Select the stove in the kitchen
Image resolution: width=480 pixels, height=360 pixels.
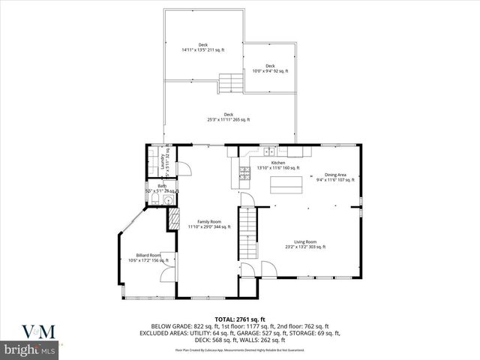(244, 174)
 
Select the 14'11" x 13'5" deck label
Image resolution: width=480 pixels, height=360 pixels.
(202, 47)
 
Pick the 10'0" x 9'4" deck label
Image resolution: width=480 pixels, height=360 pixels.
(270, 68)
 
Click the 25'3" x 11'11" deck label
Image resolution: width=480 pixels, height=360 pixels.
(229, 117)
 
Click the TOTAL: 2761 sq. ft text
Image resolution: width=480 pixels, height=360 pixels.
(240, 319)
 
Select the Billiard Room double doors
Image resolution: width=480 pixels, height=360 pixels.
(164, 274)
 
